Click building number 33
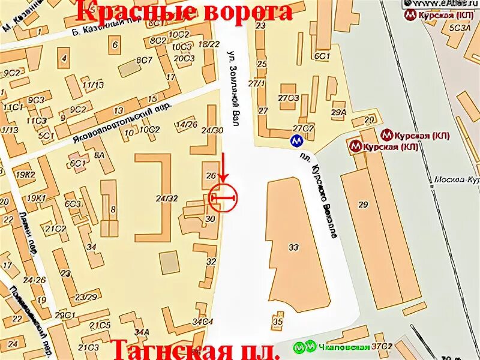click(293, 247)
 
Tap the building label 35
click(277, 322)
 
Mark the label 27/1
click(260, 84)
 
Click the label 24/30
click(212, 130)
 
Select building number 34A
click(142, 331)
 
